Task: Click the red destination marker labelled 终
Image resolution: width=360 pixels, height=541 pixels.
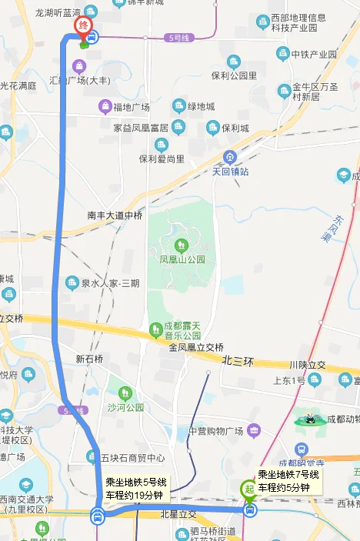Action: (82, 25)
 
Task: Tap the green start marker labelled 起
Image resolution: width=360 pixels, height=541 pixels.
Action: (248, 488)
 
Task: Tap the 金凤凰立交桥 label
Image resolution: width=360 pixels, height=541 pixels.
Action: (196, 347)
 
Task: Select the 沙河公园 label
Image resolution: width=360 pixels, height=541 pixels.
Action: (125, 407)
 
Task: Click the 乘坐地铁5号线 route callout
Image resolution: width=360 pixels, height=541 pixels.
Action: (136, 489)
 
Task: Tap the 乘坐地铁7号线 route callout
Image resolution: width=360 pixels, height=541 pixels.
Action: (288, 481)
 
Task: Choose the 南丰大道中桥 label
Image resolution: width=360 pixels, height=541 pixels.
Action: (115, 215)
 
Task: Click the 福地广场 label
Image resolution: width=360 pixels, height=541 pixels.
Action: (131, 106)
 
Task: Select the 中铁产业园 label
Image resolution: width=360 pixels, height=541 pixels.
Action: (314, 54)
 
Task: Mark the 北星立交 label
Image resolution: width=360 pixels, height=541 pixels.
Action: (178, 514)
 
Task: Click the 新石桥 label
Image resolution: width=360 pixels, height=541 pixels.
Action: (89, 359)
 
